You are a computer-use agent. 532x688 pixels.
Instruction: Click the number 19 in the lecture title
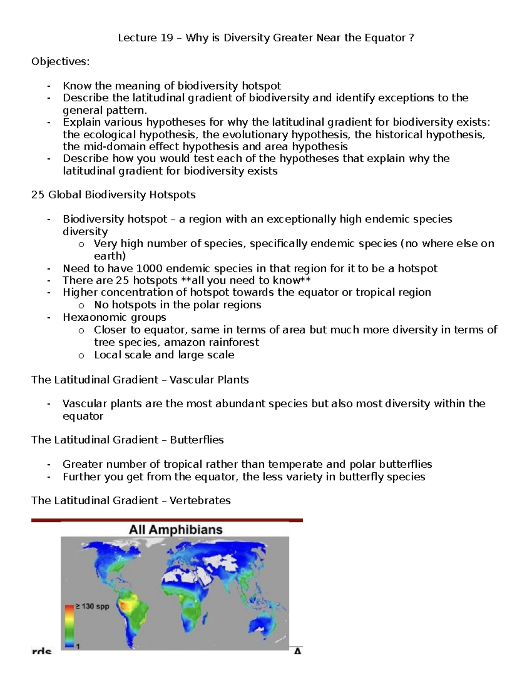(166, 38)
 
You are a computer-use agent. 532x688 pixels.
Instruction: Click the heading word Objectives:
(60, 62)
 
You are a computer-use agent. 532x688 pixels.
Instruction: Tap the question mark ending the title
(412, 38)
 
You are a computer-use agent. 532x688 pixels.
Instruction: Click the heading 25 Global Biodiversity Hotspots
(113, 195)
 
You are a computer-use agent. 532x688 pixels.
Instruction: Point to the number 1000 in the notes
(151, 268)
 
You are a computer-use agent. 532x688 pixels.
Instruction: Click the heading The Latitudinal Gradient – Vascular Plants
(140, 380)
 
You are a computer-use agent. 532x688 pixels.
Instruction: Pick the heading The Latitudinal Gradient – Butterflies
(127, 440)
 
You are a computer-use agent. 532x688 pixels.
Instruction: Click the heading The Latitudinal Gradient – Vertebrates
(131, 501)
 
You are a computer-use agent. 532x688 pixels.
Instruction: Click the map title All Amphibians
(176, 530)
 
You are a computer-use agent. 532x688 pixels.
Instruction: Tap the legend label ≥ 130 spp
(91, 606)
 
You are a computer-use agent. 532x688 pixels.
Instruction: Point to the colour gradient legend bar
(69, 626)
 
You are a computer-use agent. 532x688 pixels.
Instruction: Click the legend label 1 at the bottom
(78, 646)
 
